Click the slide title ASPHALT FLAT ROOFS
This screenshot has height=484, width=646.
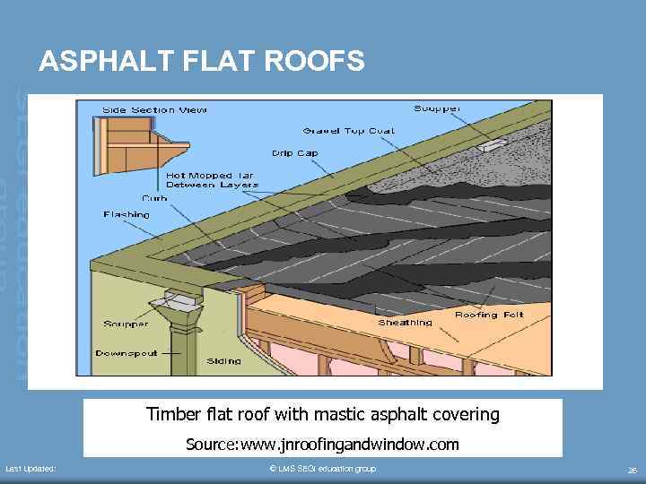(x=202, y=61)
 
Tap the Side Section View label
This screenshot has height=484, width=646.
(x=154, y=110)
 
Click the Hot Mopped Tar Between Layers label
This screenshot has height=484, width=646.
(x=212, y=180)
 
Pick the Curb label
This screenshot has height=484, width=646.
(x=154, y=198)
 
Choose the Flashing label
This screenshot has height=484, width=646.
(x=127, y=215)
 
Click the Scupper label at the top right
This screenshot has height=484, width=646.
(x=438, y=109)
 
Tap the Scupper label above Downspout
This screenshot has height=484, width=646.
(x=126, y=324)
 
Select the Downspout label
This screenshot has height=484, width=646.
(x=127, y=354)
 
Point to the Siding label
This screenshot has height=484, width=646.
(x=223, y=361)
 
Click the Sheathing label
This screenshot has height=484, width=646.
(x=405, y=323)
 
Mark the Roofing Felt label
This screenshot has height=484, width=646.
(x=490, y=315)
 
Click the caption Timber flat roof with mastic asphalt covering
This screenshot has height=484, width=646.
(x=322, y=415)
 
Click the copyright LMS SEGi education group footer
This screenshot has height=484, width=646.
(x=322, y=469)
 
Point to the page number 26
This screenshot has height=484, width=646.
(x=632, y=470)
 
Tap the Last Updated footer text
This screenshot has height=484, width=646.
(x=31, y=469)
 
